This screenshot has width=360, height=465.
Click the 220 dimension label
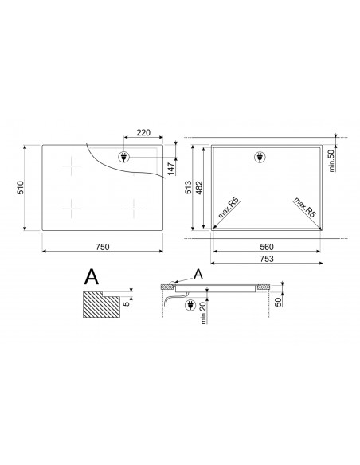tap(143, 132)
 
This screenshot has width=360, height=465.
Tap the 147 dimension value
tap(171, 169)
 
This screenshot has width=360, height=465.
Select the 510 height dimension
tap(21, 187)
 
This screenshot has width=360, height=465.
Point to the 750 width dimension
tap(102, 247)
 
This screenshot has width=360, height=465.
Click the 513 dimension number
tap(188, 187)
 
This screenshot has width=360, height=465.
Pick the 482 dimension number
tap(199, 187)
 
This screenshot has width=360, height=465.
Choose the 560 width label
tap(267, 247)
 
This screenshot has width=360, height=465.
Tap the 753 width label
tap(267, 259)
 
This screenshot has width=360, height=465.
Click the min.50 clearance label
tap(331, 160)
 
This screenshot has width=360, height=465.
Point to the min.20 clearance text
tap(203, 313)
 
